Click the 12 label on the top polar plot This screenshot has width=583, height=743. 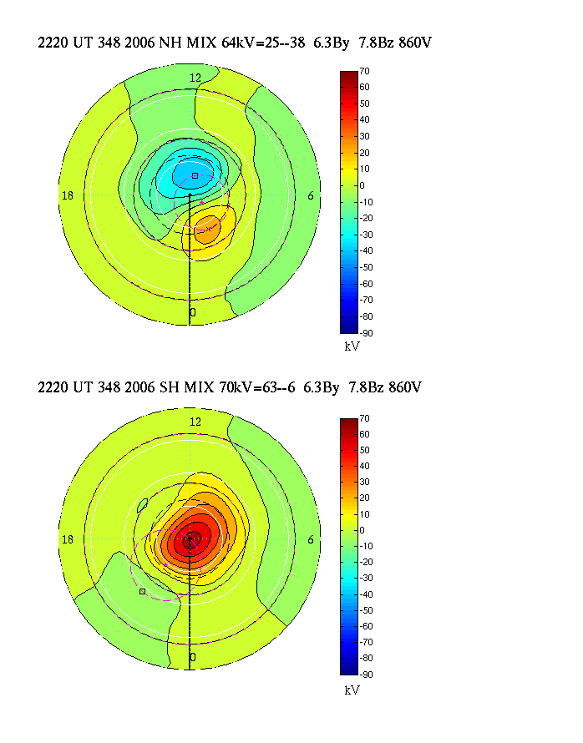(195, 78)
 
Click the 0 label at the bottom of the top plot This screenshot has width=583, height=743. (193, 312)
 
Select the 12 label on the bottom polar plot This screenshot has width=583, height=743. (195, 422)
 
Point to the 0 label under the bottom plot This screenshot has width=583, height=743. (193, 658)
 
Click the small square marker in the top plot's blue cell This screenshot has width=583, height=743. (195, 175)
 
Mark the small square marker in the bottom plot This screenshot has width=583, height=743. (143, 591)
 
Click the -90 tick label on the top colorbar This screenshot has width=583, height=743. (367, 333)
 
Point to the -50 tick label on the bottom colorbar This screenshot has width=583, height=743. (367, 610)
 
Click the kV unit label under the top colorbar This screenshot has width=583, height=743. (352, 346)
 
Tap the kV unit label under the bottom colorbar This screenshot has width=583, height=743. (352, 690)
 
